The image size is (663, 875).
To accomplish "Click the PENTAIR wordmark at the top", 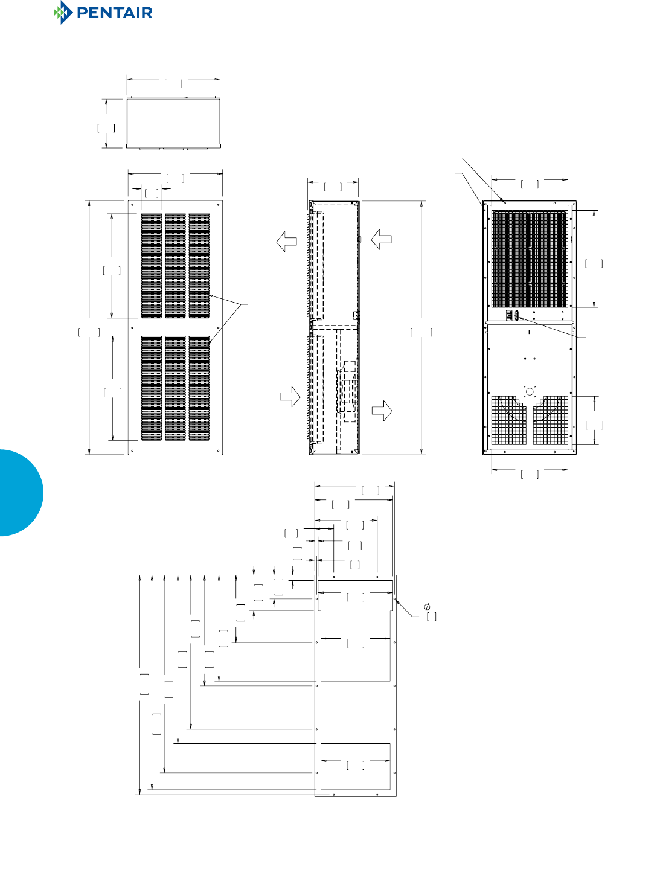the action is [x=115, y=13].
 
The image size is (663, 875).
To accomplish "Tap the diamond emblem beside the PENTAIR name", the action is [x=62, y=13].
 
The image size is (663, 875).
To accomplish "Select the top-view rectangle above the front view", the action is [x=173, y=121].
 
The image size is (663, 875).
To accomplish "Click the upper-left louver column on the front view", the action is [x=152, y=266].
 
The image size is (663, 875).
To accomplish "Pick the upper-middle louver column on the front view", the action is [x=175, y=266].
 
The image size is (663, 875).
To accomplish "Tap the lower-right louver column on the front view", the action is [x=199, y=388].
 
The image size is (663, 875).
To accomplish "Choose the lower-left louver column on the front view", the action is [x=152, y=388].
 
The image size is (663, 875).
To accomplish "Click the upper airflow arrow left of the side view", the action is [x=287, y=242].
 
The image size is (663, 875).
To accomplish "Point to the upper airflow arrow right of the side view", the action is [x=382, y=239].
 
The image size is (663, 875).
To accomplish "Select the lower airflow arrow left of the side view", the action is [x=290, y=397].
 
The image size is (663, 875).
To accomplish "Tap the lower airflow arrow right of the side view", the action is [x=382, y=411].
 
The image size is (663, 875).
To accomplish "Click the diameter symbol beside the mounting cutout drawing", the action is [x=427, y=606].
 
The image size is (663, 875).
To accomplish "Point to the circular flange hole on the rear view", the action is [x=530, y=391].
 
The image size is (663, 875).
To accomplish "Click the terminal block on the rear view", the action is [x=513, y=315].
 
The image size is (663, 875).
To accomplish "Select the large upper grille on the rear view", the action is [x=530, y=258].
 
